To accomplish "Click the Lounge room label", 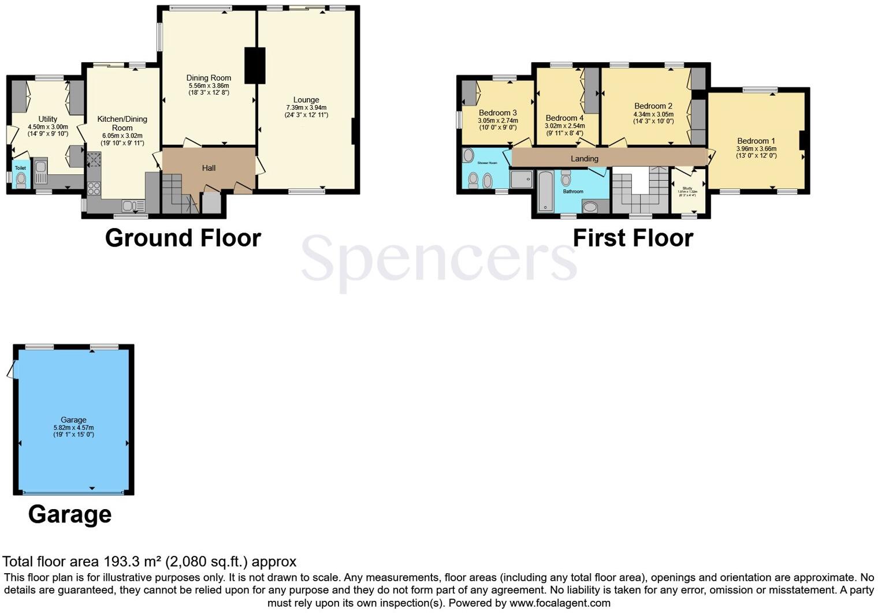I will (x=306, y=100).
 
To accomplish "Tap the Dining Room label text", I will (x=209, y=78).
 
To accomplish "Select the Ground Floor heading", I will (x=183, y=238).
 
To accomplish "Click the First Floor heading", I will (x=633, y=238).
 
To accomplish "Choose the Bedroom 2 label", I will (x=653, y=106).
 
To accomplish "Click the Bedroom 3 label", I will (x=498, y=113).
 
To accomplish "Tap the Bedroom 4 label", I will (x=564, y=118).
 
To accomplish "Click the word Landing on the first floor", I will (x=585, y=159).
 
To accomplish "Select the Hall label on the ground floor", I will (x=209, y=168).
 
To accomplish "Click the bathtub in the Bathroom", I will (x=545, y=192).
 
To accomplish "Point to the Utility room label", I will (x=48, y=119).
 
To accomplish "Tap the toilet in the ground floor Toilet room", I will (x=21, y=181).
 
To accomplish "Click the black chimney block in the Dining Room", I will (x=255, y=65).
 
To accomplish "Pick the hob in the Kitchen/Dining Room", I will (x=94, y=188).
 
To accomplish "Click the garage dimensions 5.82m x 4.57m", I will (x=73, y=427).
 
